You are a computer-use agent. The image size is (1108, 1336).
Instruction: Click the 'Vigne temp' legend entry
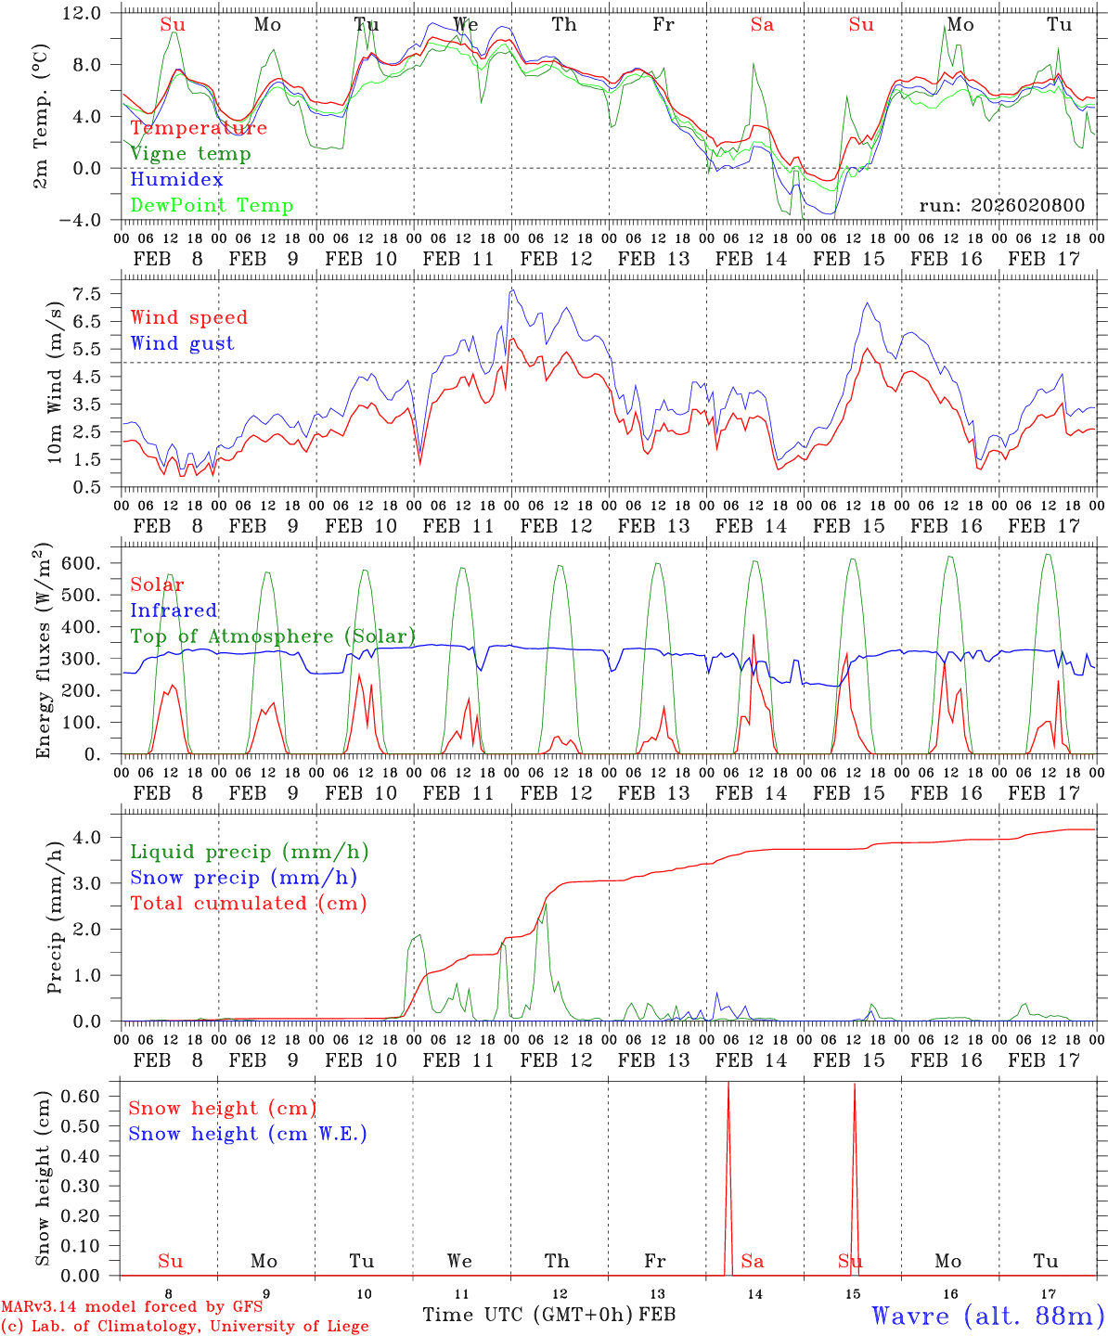pyautogui.click(x=190, y=154)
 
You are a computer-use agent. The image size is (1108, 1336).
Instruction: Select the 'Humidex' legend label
pyautogui.click(x=176, y=180)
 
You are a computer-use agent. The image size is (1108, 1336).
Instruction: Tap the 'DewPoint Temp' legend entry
pyautogui.click(x=212, y=206)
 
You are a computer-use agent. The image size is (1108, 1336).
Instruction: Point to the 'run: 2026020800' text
pyautogui.click(x=1001, y=205)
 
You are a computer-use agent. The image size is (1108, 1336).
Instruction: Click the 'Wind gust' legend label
pyautogui.click(x=182, y=343)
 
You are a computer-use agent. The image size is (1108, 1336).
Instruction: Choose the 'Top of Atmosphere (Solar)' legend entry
pyautogui.click(x=273, y=636)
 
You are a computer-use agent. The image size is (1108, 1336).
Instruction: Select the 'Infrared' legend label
pyautogui.click(x=174, y=610)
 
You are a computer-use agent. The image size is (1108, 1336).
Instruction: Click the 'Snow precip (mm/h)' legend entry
pyautogui.click(x=243, y=878)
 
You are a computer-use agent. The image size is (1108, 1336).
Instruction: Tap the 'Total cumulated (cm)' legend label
pyautogui.click(x=248, y=904)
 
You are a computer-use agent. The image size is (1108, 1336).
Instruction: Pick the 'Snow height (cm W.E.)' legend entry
pyautogui.click(x=248, y=1134)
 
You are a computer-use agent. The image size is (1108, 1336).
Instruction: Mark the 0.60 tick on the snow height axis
pyautogui.click(x=82, y=1096)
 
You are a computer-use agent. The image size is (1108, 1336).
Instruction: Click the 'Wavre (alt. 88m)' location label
pyautogui.click(x=988, y=1316)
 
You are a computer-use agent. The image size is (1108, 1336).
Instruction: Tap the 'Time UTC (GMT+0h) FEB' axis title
pyautogui.click(x=548, y=1316)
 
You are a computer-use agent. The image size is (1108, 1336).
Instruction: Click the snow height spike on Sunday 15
pyautogui.click(x=855, y=1178)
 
